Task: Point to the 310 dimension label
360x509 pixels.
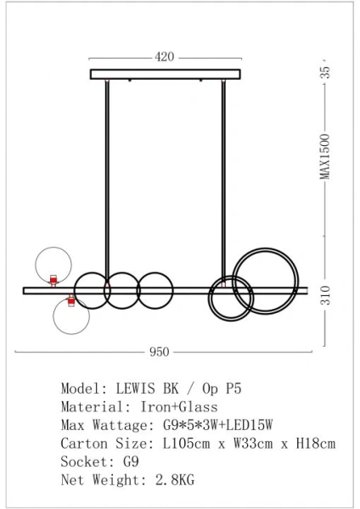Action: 324,296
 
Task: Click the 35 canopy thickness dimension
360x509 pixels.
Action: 324,74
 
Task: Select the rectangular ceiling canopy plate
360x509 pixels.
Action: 165,75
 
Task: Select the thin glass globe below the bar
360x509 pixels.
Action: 71,315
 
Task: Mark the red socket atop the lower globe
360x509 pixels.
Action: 71,300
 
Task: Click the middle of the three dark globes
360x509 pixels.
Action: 121,290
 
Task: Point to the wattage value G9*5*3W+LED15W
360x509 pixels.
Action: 217,425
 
